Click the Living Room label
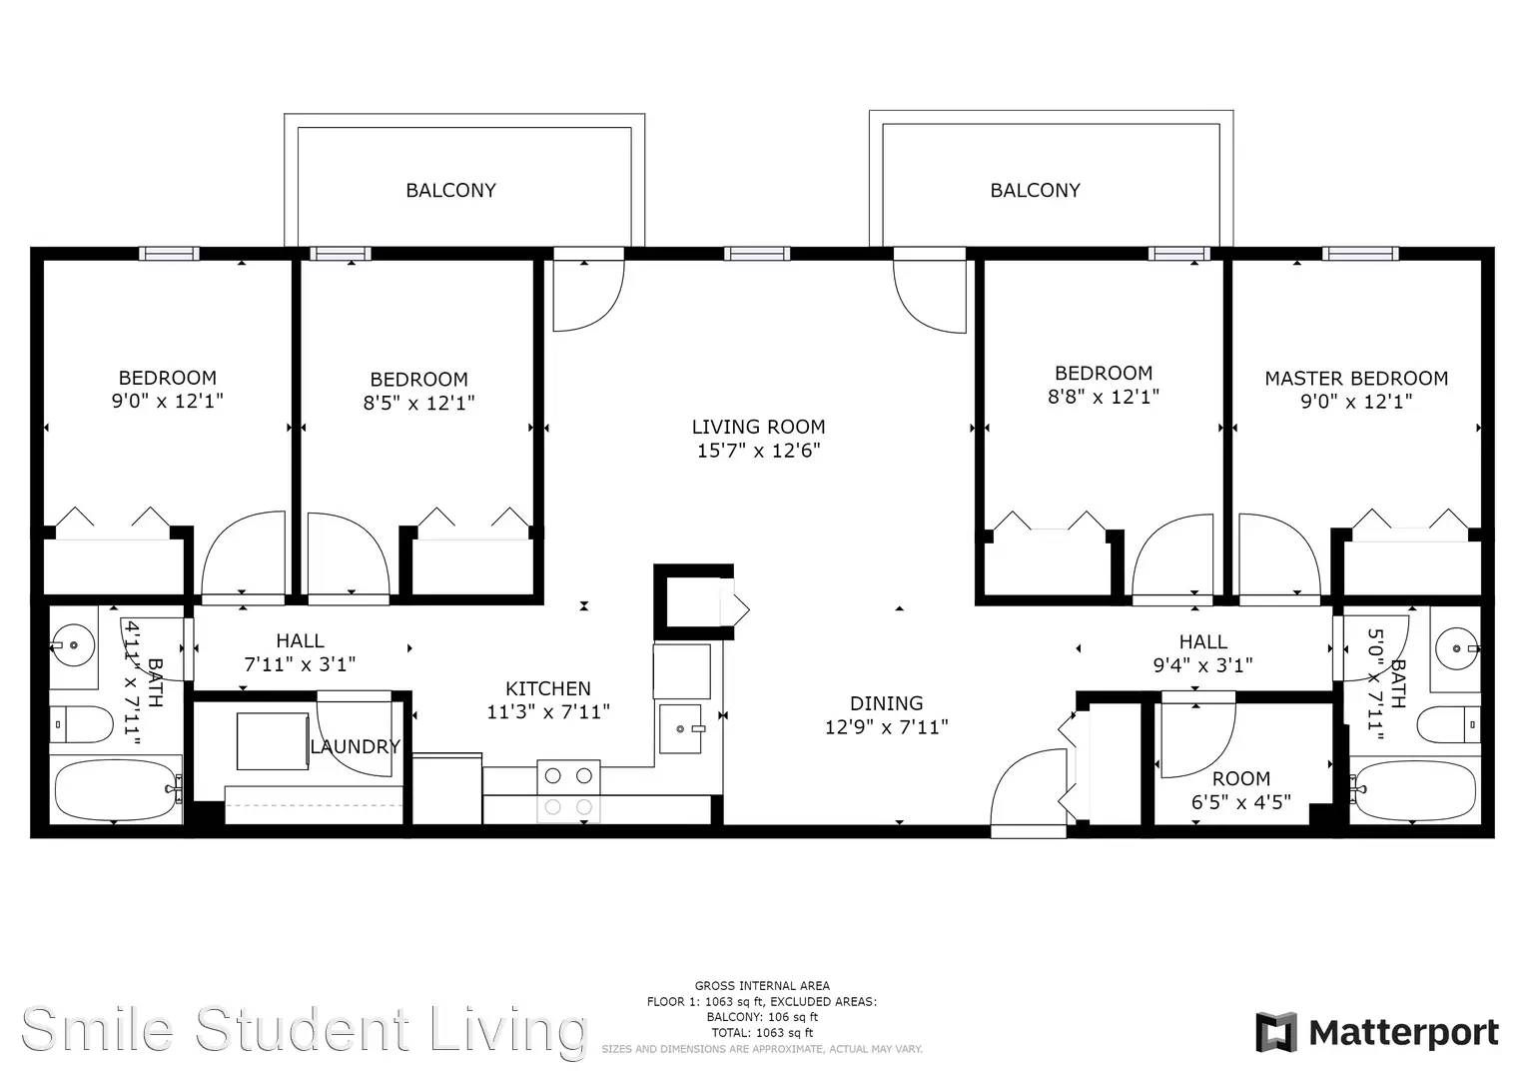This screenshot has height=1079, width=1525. (x=758, y=428)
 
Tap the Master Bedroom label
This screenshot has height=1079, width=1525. (x=1356, y=378)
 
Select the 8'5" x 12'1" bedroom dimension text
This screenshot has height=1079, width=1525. (x=418, y=403)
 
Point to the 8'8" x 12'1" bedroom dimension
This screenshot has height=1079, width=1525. (x=1103, y=397)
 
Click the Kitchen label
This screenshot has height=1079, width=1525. (x=548, y=688)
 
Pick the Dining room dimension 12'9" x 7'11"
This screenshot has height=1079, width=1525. (x=887, y=727)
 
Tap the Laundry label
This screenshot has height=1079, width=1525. (x=355, y=746)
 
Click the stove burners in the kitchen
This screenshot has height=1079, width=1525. (x=568, y=791)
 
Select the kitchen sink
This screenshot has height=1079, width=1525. (x=680, y=729)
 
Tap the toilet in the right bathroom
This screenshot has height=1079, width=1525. (x=1448, y=724)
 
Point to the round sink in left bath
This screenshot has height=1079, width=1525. (x=73, y=643)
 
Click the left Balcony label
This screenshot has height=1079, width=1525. (x=450, y=190)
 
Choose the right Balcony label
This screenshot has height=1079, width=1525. (x=1035, y=190)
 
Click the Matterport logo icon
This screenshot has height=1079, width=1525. (x=1275, y=1032)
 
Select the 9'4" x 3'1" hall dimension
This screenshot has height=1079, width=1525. (x=1203, y=664)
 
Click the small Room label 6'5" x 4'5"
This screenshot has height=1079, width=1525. (x=1241, y=790)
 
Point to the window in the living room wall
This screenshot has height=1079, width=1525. (x=757, y=254)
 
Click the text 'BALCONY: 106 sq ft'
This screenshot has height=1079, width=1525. (x=762, y=1017)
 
